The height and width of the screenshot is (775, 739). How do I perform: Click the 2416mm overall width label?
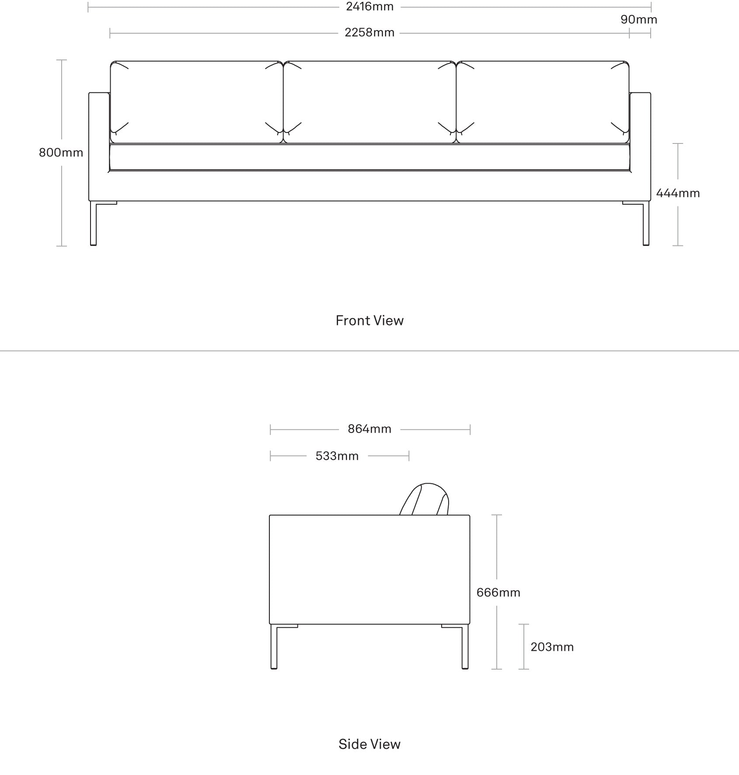(x=369, y=7)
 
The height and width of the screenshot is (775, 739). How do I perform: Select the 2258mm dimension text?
(x=369, y=33)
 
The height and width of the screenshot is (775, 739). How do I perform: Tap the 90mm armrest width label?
(x=639, y=20)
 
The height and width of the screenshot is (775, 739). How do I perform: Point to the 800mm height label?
(x=61, y=153)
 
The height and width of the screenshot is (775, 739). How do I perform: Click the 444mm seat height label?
(x=678, y=193)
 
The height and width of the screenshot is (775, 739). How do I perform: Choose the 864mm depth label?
(x=369, y=429)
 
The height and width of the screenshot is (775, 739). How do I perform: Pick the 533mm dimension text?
(x=337, y=456)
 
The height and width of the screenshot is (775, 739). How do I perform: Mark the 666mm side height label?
(x=498, y=593)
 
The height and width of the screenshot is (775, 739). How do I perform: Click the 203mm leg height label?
(x=552, y=647)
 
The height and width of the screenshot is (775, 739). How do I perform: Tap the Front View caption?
(x=369, y=321)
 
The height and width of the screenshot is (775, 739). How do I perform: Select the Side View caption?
(x=369, y=744)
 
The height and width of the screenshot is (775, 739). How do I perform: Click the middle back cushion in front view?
(x=369, y=102)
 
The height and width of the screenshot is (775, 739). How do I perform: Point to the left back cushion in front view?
(x=196, y=102)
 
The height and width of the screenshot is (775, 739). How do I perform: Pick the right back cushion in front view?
(x=543, y=102)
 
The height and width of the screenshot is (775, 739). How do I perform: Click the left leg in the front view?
(x=93, y=223)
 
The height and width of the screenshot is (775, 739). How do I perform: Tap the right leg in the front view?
(x=646, y=223)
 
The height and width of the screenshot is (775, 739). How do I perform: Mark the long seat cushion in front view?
(x=369, y=157)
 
